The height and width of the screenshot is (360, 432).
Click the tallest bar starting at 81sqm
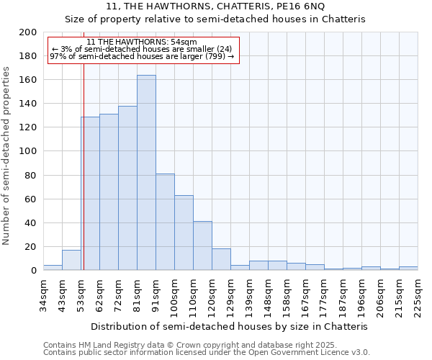pos(146,173)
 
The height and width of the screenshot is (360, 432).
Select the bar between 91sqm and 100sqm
pos(165,222)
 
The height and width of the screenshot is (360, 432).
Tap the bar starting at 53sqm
pos(90,193)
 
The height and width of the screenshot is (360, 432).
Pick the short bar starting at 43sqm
pos(71,260)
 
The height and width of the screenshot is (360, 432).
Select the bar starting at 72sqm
pos(127,188)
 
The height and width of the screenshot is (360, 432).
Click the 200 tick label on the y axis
pos(28,32)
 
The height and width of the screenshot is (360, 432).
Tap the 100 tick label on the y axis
pos(28,151)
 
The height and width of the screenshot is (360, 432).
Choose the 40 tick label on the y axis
pos(31,222)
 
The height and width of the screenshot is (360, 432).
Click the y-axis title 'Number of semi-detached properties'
pos(7,156)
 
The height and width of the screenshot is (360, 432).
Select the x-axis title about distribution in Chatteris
pos(230,326)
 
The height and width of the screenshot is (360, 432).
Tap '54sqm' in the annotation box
pos(182,42)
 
